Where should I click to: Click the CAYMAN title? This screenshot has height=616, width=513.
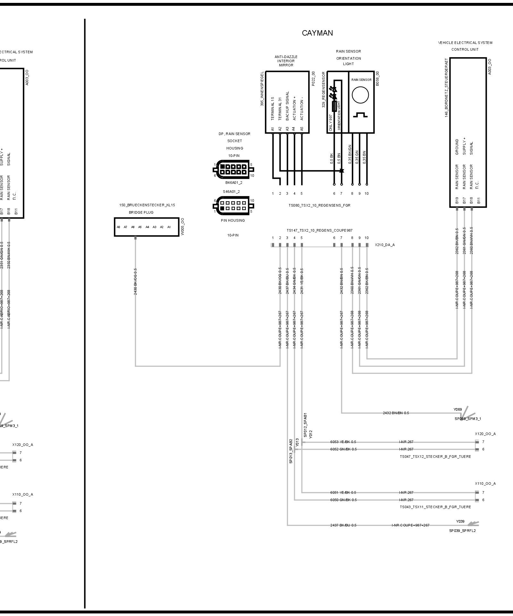click(x=317, y=33)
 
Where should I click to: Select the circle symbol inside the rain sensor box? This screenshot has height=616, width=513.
click(x=360, y=95)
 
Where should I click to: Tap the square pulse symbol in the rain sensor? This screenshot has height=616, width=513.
click(x=360, y=115)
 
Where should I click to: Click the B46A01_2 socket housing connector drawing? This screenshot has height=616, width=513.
click(x=234, y=169)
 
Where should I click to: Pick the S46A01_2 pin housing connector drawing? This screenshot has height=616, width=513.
click(x=234, y=206)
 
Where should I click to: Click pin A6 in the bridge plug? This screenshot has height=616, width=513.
click(x=133, y=227)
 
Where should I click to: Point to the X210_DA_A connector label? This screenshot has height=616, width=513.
click(x=385, y=245)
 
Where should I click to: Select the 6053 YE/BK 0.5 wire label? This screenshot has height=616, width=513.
click(x=343, y=442)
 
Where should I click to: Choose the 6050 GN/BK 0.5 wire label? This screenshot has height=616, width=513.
click(x=343, y=500)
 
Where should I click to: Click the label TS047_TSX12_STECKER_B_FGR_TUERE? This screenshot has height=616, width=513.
click(x=435, y=457)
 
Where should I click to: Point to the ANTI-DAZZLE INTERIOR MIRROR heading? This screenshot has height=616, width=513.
click(x=286, y=61)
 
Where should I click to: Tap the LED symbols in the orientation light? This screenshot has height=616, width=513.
click(x=334, y=93)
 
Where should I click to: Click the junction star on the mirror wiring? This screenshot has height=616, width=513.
click(x=341, y=171)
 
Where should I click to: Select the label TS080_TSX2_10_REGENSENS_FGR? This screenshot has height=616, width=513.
click(x=319, y=205)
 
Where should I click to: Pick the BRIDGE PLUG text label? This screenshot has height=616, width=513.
click(x=141, y=212)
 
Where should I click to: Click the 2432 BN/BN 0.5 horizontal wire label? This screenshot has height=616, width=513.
click(x=396, y=413)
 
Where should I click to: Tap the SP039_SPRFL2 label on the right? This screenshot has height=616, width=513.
click(x=462, y=531)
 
